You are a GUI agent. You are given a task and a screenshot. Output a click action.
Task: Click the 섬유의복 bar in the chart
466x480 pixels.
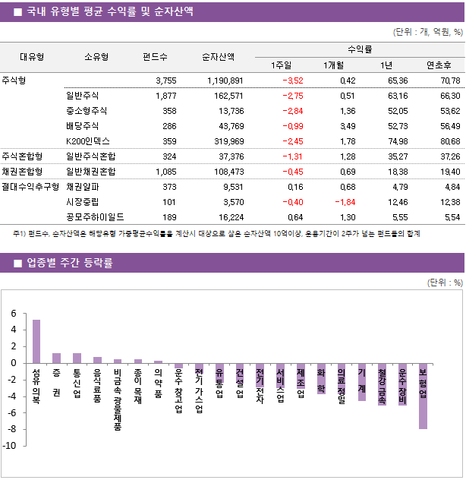coord(36,341)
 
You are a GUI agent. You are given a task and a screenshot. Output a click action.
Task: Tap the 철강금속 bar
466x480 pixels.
coord(382,384)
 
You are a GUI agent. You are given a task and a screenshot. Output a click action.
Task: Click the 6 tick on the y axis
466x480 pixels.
coord(13,314)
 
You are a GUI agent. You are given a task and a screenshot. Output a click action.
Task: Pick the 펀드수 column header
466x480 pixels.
coord(156,56)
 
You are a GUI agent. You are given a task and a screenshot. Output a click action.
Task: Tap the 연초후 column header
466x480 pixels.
coord(439,64)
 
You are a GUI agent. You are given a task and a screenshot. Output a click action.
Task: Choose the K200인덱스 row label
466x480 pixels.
coord(88,141)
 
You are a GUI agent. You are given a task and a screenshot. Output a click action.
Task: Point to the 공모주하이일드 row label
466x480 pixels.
coord(96,216)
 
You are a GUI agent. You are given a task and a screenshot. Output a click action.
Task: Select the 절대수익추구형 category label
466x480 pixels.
coord(30,186)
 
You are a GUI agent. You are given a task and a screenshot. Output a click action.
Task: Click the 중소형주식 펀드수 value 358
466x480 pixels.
coord(168,111)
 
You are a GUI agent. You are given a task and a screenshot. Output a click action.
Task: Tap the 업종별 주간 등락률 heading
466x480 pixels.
coord(69,263)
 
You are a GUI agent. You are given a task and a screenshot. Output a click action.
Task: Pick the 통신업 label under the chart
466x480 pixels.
coord(77,383)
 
